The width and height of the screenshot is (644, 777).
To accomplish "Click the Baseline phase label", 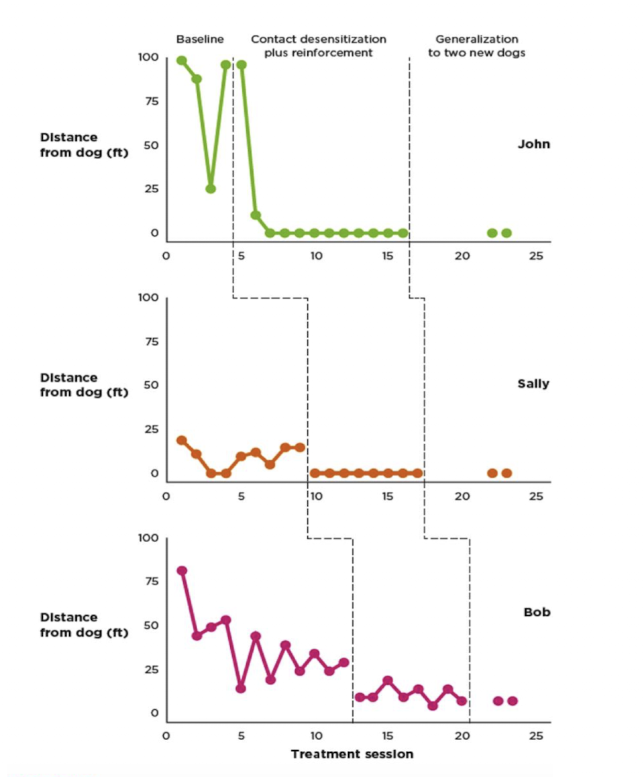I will click(x=199, y=40).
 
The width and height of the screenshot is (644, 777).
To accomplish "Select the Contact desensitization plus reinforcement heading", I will click(x=318, y=46).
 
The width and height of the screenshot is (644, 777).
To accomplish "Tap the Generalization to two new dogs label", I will click(x=476, y=46).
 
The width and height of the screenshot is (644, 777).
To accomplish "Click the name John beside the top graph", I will click(x=533, y=144).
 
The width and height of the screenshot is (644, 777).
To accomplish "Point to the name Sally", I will click(x=533, y=384).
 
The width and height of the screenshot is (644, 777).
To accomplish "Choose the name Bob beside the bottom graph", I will click(x=537, y=612).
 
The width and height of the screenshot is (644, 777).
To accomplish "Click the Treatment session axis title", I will click(x=352, y=754).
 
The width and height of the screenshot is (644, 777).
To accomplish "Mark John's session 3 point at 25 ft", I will click(x=211, y=189).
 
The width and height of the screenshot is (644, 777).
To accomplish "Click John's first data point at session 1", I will click(x=182, y=60).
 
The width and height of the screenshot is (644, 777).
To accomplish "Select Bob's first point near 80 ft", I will click(x=182, y=570).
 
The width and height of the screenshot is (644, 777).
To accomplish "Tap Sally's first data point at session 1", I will click(x=182, y=440).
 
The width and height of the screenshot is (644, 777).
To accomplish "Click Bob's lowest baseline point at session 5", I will click(x=241, y=688).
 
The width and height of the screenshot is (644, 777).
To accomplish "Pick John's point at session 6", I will click(x=256, y=215).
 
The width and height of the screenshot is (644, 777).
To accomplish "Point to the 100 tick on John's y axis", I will click(x=148, y=58).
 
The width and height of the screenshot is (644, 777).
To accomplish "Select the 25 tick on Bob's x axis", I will click(x=535, y=736).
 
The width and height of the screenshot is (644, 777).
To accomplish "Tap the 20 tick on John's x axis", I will click(x=462, y=256).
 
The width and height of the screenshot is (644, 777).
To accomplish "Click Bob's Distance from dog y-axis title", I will click(x=84, y=625).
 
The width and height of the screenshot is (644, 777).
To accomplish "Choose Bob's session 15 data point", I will click(x=388, y=680).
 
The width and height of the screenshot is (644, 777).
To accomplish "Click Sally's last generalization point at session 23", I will click(x=506, y=473).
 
